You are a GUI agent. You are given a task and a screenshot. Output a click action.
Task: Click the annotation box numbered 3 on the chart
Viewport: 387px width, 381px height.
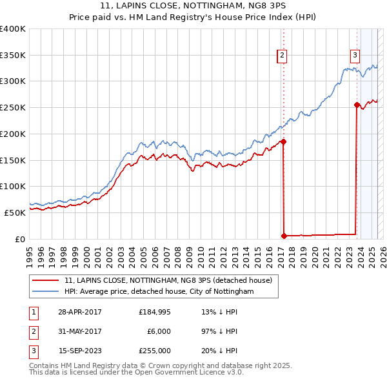click(x=355, y=56)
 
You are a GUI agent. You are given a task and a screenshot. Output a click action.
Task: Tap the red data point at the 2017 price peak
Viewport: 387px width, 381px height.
click(x=283, y=141)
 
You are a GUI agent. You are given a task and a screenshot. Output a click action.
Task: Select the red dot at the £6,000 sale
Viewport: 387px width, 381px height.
click(x=284, y=236)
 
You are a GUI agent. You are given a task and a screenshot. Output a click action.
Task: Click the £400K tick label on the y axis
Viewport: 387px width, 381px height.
click(x=13, y=29)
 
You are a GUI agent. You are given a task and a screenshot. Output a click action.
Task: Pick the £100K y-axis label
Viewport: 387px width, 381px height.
click(x=13, y=186)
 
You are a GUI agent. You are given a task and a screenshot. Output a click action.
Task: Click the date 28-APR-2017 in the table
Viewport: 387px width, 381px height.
click(x=80, y=312)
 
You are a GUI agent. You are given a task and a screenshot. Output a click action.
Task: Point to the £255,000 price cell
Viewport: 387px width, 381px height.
click(x=155, y=351)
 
